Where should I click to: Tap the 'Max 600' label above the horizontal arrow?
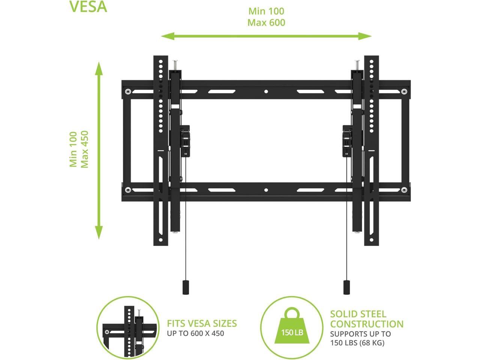pyautogui.click(x=266, y=23)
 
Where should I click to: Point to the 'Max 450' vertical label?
pyautogui.click(x=85, y=149)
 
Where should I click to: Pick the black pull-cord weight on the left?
pyautogui.click(x=185, y=287)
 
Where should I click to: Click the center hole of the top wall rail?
pyautogui.click(x=266, y=91)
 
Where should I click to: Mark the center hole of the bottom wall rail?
pyautogui.click(x=266, y=190)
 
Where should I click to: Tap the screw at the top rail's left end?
pyautogui.click(x=128, y=91)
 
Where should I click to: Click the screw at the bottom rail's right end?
pyautogui.click(x=404, y=190)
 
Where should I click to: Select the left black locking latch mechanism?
pyautogui.click(x=185, y=139)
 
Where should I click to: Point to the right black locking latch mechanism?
pyautogui.click(x=347, y=139)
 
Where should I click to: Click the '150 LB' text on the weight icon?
pyautogui.click(x=292, y=333)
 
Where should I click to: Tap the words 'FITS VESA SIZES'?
pyautogui.click(x=202, y=323)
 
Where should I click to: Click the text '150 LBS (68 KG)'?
pyautogui.click(x=357, y=343)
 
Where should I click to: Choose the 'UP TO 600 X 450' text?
pyautogui.click(x=195, y=333)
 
